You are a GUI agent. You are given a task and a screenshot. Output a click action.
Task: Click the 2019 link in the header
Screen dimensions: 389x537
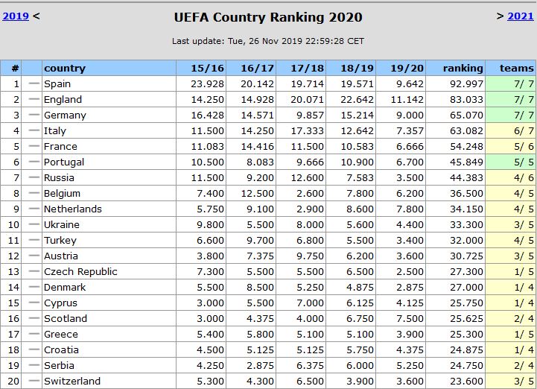(x=16, y=16)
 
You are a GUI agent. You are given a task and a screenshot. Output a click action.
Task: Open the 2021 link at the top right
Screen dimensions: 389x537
(x=521, y=16)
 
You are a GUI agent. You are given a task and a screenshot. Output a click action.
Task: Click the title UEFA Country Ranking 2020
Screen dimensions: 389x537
(x=268, y=17)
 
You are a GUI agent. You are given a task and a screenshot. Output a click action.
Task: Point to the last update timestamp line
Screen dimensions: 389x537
(x=268, y=41)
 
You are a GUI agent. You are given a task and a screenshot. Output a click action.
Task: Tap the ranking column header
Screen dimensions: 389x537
(x=463, y=68)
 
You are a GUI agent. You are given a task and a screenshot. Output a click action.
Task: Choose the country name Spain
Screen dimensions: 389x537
(x=57, y=83)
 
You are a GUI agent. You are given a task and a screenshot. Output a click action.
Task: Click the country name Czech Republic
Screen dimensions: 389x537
(x=80, y=271)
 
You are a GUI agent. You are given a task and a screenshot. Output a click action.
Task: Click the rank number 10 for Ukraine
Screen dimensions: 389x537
(x=13, y=224)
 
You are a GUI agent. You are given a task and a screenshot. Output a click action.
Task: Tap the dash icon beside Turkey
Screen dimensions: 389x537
(x=33, y=240)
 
